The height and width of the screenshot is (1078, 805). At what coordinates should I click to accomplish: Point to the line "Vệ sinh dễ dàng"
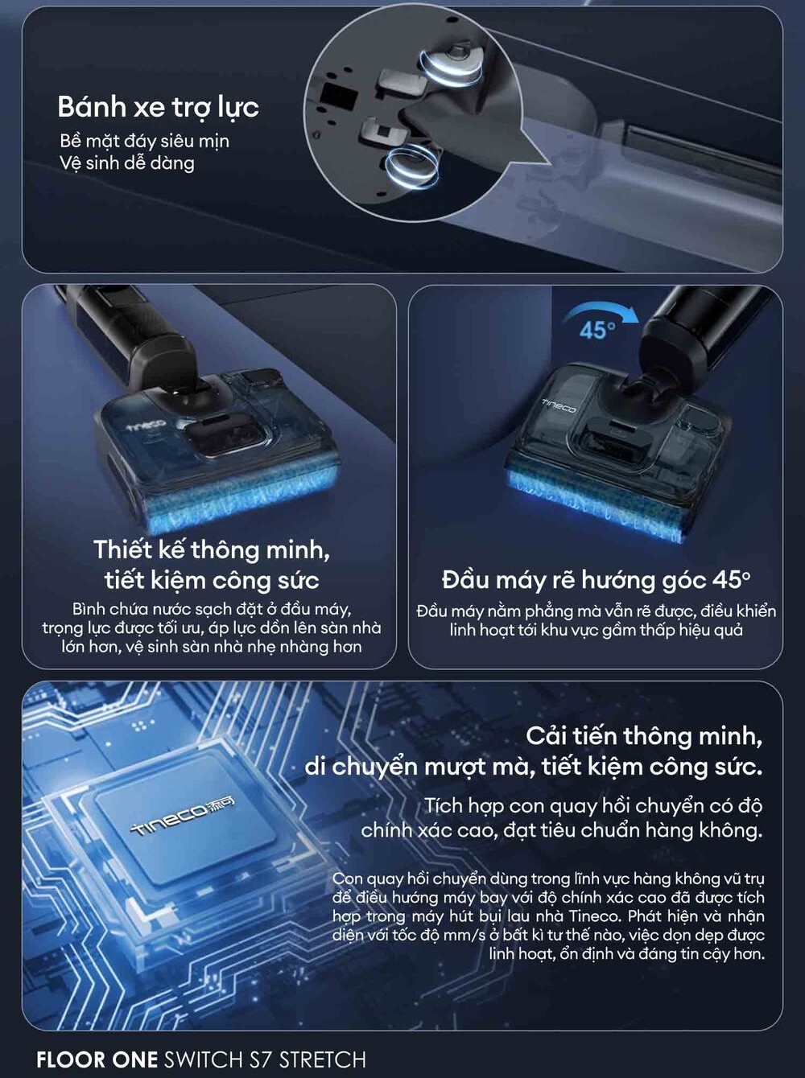(127, 163)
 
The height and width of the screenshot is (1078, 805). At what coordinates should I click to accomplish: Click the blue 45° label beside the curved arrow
(597, 330)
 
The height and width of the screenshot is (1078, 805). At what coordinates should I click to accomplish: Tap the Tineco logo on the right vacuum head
(559, 405)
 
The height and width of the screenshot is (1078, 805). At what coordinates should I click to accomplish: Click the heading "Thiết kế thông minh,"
(212, 549)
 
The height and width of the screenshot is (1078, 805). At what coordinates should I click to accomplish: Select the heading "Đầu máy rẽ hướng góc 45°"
(596, 580)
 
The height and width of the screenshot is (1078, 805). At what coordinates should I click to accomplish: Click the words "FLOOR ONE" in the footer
(97, 1059)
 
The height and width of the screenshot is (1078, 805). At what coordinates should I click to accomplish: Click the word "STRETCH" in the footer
(322, 1059)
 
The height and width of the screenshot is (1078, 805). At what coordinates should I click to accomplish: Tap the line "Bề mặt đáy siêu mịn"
(144, 142)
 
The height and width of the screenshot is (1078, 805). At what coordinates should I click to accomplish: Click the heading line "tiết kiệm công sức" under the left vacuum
(212, 580)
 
